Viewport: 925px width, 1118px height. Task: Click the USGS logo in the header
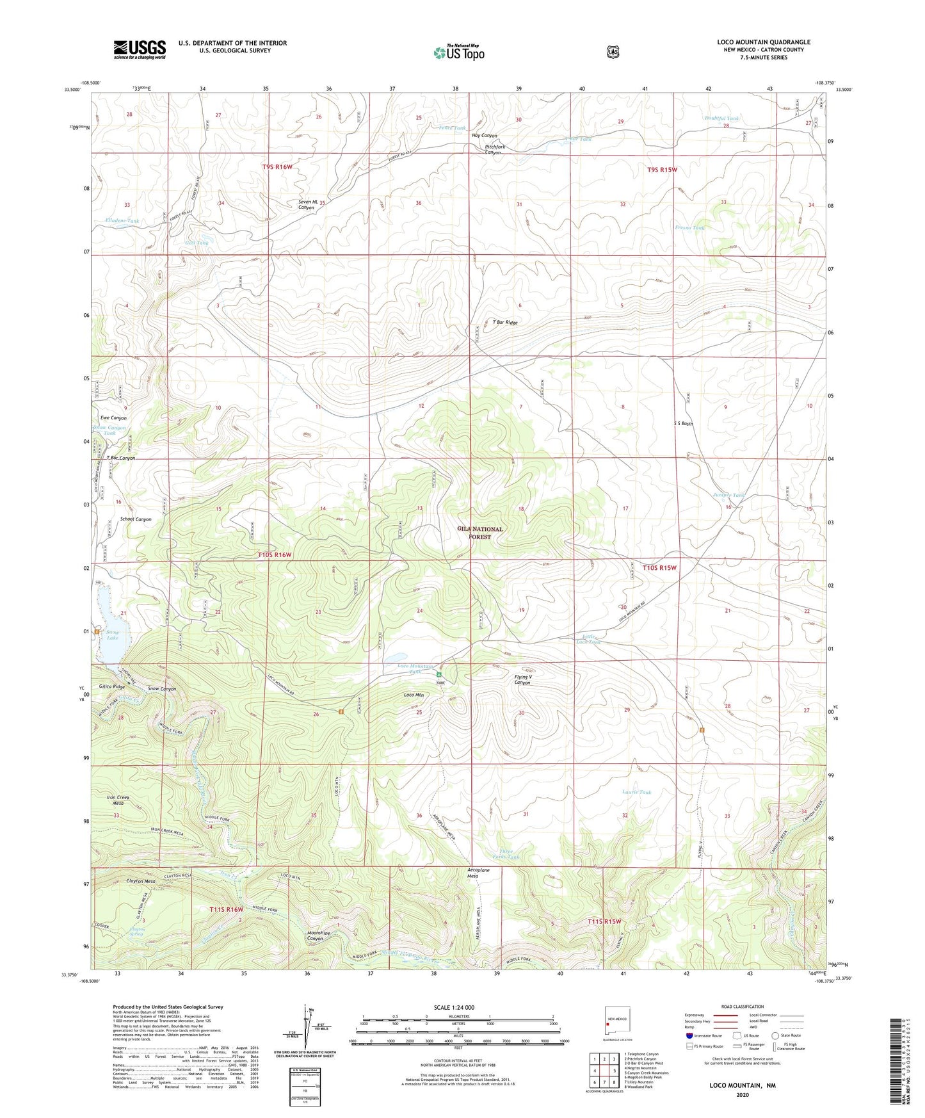point(140,49)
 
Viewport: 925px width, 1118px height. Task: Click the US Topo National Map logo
point(458,52)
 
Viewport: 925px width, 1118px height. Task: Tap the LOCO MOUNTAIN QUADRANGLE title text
point(763,42)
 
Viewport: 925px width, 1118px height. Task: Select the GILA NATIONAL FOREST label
point(479,533)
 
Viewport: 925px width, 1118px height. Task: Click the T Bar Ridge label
point(504,323)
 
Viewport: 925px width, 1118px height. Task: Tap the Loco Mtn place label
point(414,695)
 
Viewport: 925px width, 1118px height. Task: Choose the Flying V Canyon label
point(522,679)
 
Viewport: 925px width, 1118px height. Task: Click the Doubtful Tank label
point(721,118)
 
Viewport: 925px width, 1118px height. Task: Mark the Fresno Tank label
point(689,228)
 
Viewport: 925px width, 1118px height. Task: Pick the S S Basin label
point(683,423)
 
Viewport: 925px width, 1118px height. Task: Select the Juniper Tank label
point(728,496)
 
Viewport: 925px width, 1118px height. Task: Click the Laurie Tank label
point(636,792)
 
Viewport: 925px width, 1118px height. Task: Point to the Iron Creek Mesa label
point(118,800)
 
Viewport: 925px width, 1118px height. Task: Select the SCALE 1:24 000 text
point(454,1007)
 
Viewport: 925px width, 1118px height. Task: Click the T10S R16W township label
point(275,555)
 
